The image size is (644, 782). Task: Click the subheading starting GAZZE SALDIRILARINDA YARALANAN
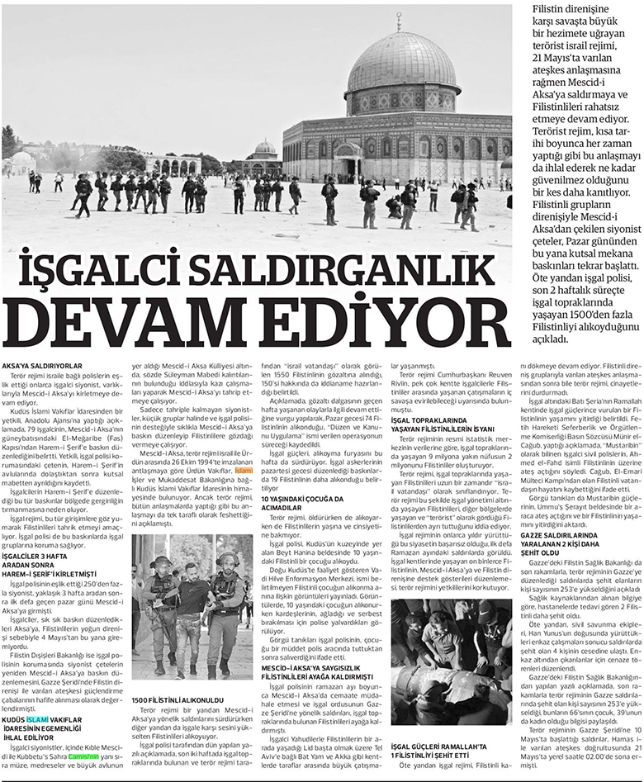(571, 537)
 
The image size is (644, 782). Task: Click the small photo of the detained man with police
(192, 606)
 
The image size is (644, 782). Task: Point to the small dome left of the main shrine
(265, 149)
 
